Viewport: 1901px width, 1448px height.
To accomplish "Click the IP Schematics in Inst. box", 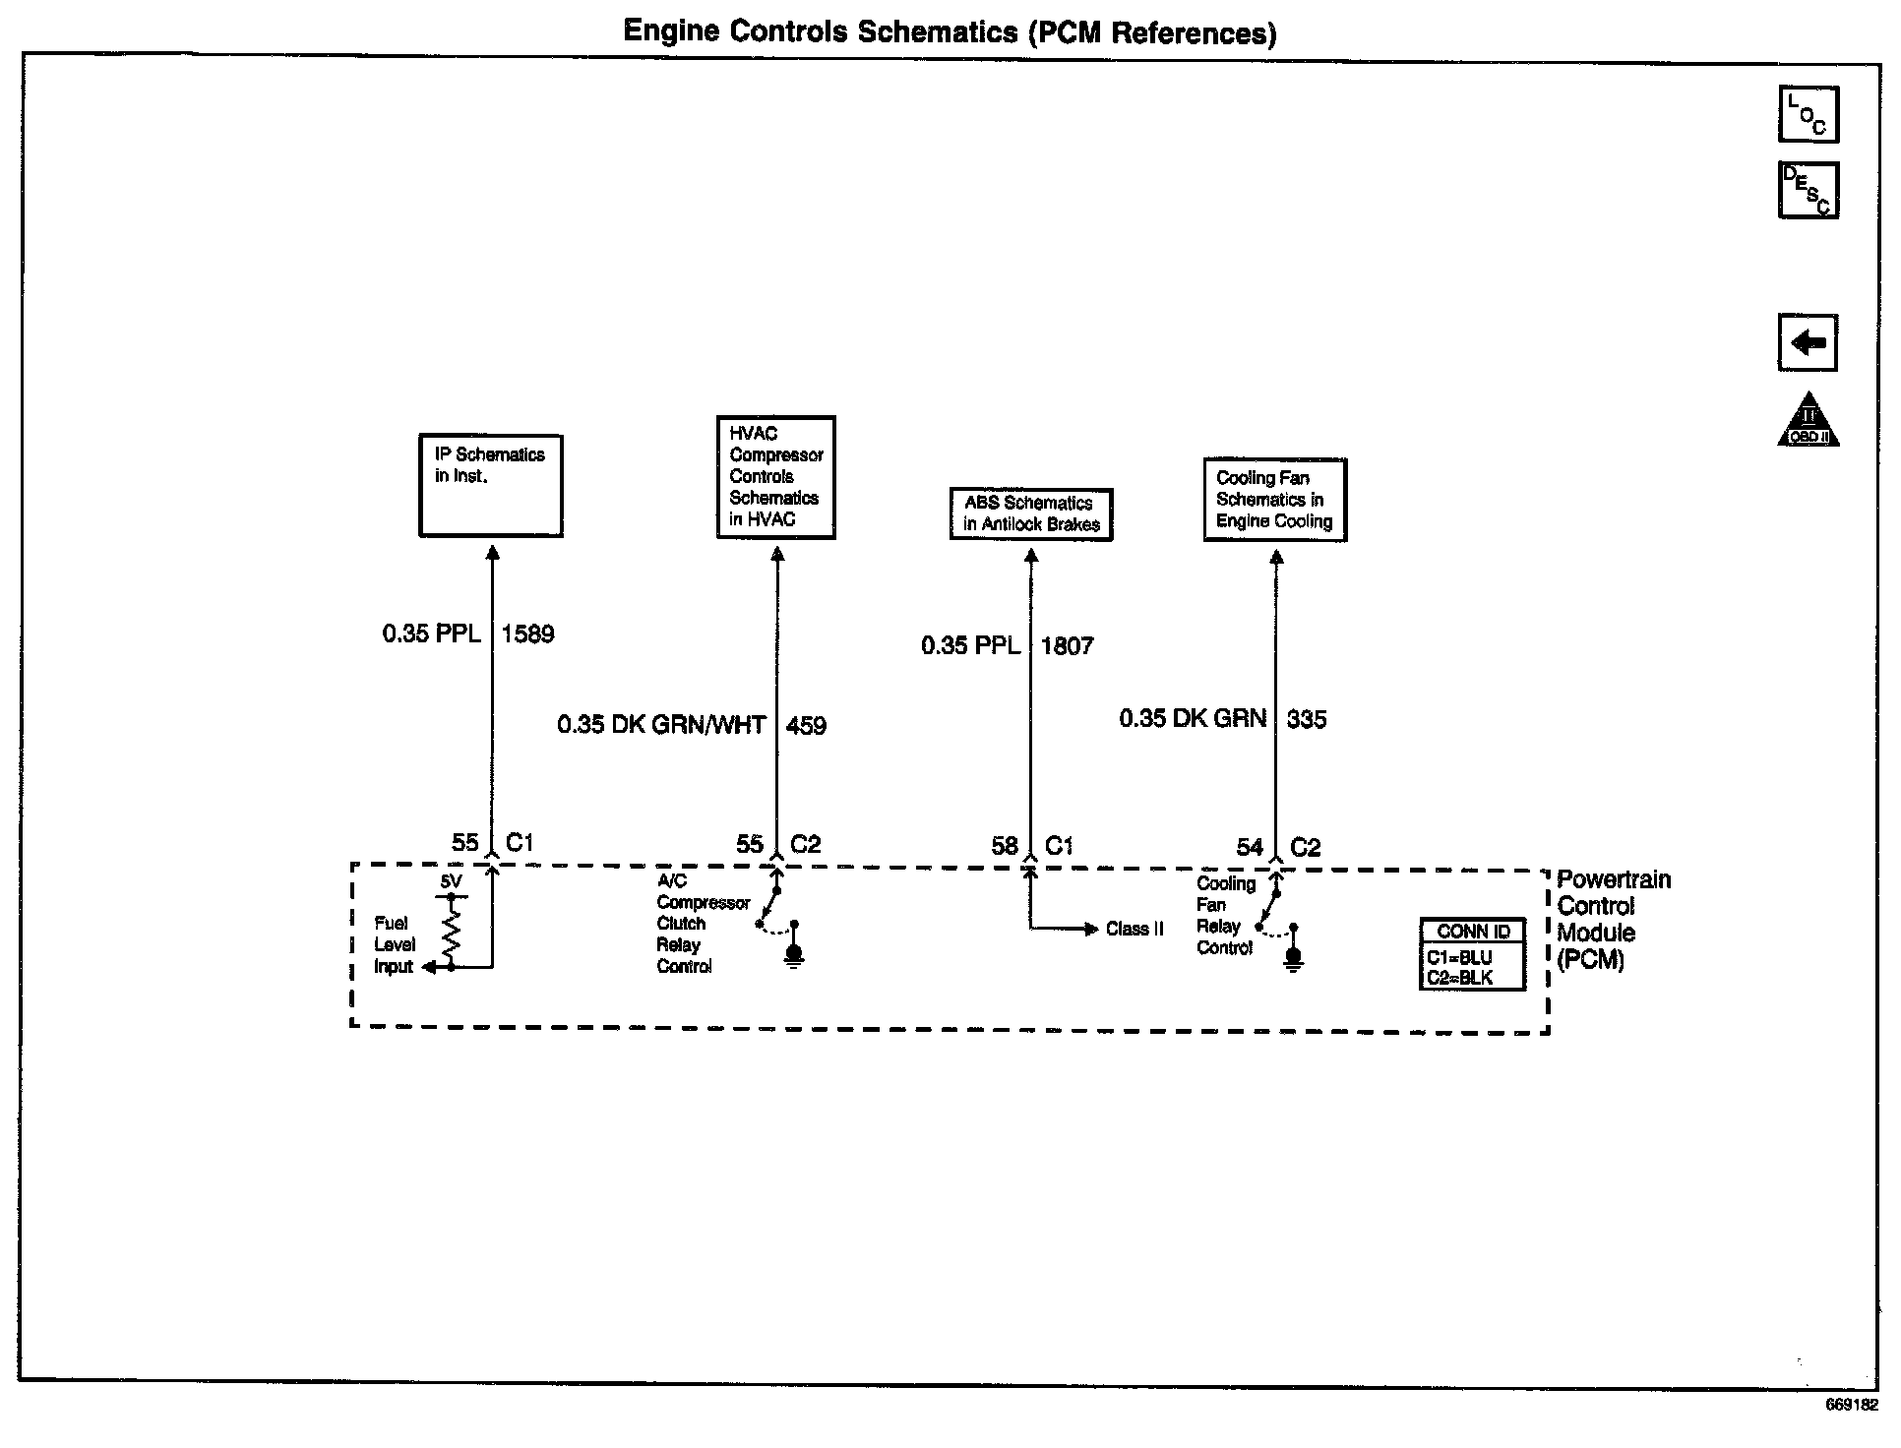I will click(490, 486).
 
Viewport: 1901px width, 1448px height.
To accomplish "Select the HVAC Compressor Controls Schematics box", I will click(775, 477).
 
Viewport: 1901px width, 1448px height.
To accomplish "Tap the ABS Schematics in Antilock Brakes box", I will click(1030, 513).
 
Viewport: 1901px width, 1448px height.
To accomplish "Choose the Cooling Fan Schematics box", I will click(1274, 500).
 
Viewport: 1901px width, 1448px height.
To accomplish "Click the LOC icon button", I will click(1808, 114).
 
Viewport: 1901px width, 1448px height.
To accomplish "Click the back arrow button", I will click(1808, 342).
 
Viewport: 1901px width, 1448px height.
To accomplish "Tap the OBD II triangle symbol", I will click(1808, 421).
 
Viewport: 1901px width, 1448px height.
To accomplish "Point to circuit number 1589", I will click(528, 634).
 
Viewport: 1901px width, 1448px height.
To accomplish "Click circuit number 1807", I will click(1068, 646).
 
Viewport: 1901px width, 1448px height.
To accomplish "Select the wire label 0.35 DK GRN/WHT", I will click(661, 726).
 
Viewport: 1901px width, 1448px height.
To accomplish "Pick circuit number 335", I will click(1307, 720).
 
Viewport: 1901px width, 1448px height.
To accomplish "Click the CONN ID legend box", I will click(1473, 954).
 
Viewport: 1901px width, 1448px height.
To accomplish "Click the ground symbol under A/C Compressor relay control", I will click(795, 954).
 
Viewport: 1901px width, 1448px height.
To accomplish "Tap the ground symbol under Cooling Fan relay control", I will click(1294, 956).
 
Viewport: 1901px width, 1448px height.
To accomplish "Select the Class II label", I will click(1134, 930).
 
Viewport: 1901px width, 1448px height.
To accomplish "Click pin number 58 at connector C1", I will click(1004, 846).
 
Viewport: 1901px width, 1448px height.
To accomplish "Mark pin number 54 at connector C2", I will click(1250, 847).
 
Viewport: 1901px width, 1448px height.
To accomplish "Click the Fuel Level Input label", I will click(394, 944).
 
